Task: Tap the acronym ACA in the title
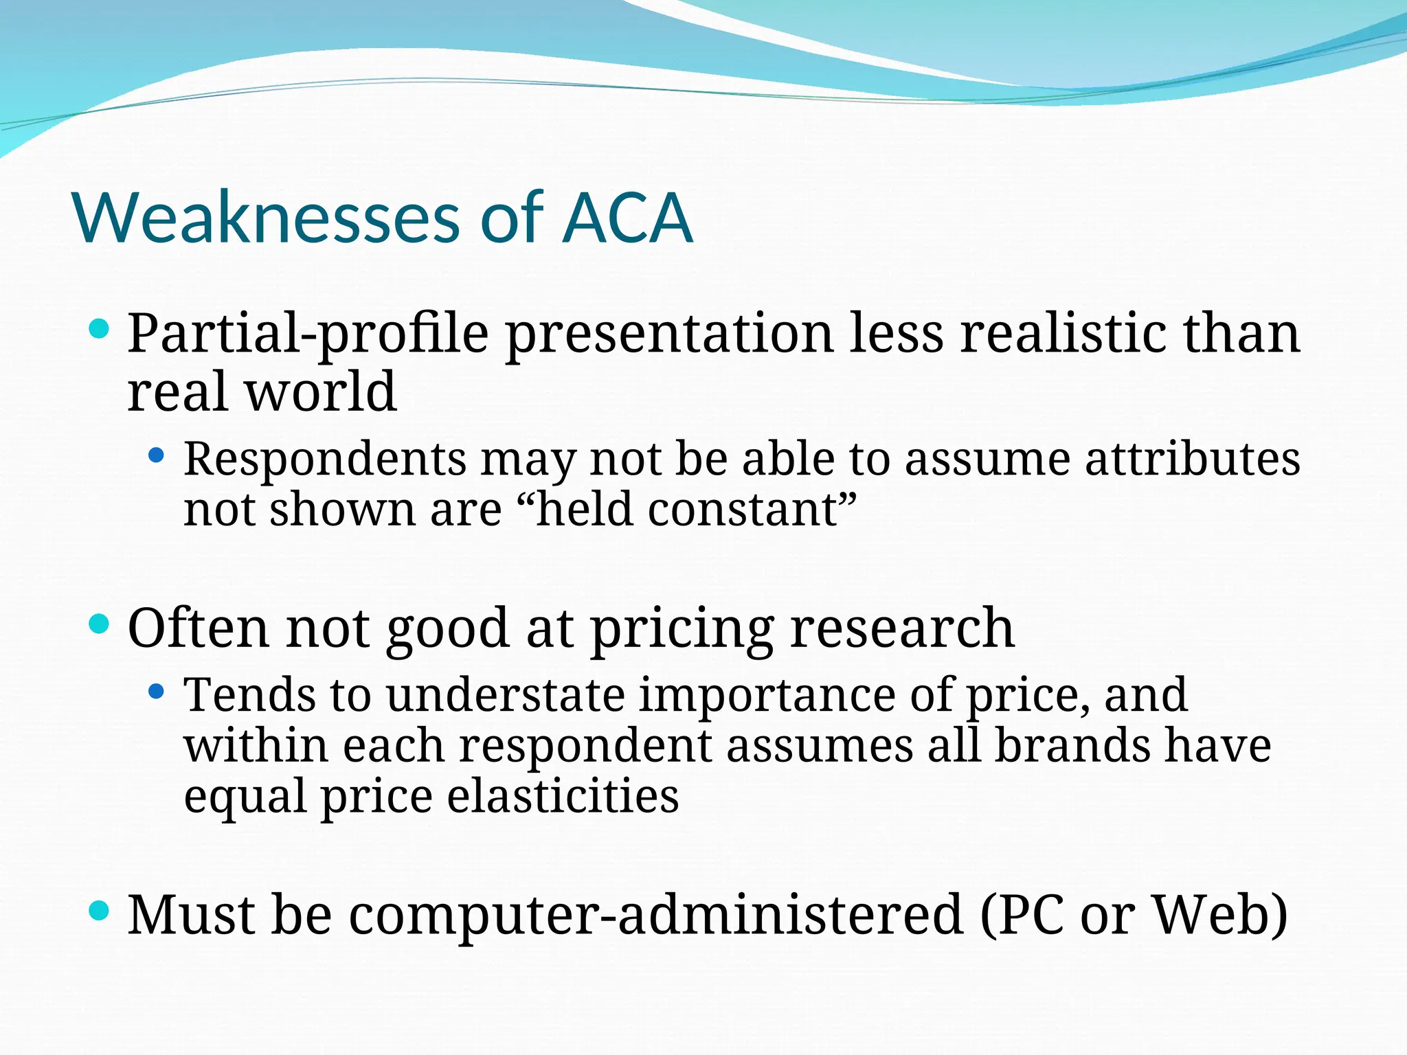click(x=627, y=218)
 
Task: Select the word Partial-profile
click(x=308, y=334)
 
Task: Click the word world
click(x=321, y=392)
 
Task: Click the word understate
click(x=505, y=694)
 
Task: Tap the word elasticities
click(x=563, y=796)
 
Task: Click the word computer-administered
click(x=655, y=916)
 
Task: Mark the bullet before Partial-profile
click(x=100, y=328)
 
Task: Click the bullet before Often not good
click(x=100, y=624)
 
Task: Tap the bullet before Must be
click(x=100, y=911)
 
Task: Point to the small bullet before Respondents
click(x=157, y=454)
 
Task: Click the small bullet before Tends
click(x=157, y=690)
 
